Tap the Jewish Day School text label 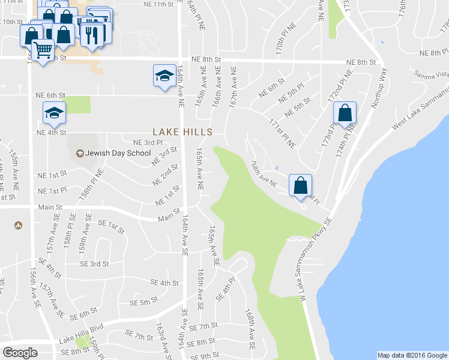click(x=118, y=153)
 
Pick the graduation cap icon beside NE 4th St click(x=54, y=113)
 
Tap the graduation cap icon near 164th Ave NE click(x=163, y=76)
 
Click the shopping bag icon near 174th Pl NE click(x=345, y=113)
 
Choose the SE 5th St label click(x=141, y=299)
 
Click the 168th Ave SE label click(x=251, y=330)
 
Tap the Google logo click(x=20, y=353)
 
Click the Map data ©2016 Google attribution click(x=412, y=355)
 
